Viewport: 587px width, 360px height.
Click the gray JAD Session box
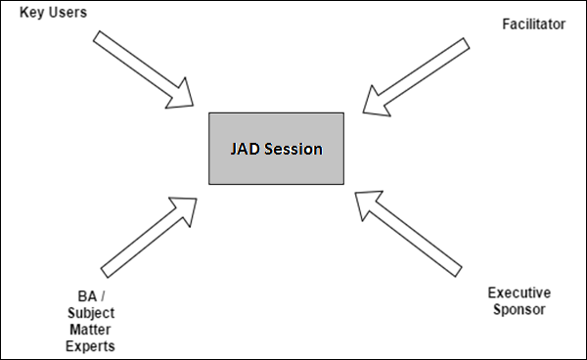(x=276, y=148)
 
